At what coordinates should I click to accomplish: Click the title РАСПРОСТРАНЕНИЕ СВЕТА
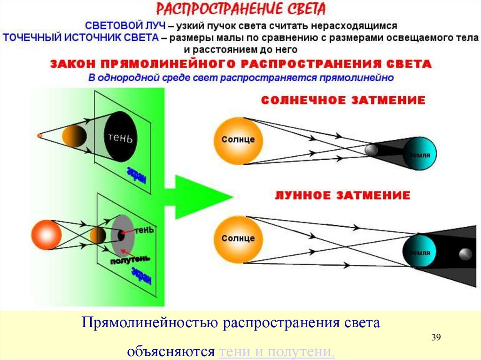pos(240,9)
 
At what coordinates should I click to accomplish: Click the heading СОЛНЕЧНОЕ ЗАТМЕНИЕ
pos(343,100)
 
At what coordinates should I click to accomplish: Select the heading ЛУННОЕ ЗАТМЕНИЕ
pos(342,195)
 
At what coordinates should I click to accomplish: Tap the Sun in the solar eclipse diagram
pos(238,140)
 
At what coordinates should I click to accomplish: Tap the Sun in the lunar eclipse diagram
pos(238,238)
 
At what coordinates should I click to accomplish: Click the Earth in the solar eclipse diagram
pos(419,154)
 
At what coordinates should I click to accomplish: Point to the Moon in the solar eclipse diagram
pos(371,150)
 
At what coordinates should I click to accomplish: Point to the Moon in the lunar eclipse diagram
pos(465,254)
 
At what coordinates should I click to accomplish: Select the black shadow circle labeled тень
pos(121,137)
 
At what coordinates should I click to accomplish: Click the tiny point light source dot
pos(39,136)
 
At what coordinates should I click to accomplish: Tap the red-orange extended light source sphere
pos(46,234)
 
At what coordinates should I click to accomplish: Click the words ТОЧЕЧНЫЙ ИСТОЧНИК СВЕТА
pos(80,38)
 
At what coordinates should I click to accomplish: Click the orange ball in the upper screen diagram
pos(74,136)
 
